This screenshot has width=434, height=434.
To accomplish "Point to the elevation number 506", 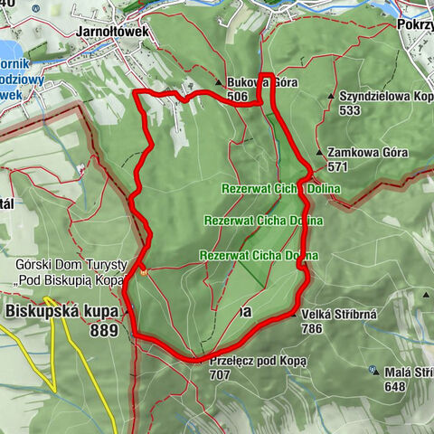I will pos(238,97).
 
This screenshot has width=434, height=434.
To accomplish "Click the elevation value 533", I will pos(350,110).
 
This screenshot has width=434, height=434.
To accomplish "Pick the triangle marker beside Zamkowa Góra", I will pos(319,153).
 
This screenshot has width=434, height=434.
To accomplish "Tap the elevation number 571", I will pos(338,167).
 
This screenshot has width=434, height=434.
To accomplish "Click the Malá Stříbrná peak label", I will pos(407,371).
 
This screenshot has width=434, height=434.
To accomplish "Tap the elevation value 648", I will pos(395,386).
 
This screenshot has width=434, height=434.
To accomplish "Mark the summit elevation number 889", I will pos(105,332).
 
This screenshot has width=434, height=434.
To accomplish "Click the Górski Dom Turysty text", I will pos(63,266).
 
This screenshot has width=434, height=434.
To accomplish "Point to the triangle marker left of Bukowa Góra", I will pos(218,83).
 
